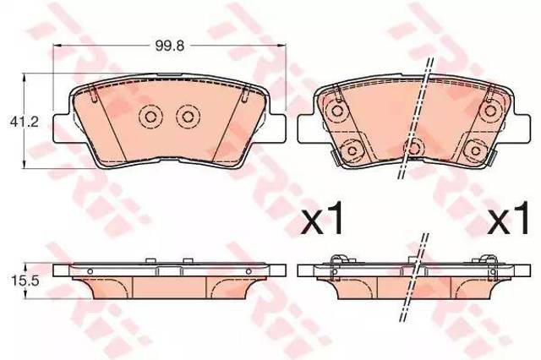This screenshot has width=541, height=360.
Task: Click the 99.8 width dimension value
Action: [170, 46]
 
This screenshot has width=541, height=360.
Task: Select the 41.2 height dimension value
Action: [25, 122]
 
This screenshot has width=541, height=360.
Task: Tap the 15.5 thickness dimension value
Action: [25, 281]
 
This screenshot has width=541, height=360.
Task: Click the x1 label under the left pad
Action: [322, 218]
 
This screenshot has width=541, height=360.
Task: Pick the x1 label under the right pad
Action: [508, 218]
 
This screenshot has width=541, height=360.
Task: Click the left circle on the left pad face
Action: [150, 117]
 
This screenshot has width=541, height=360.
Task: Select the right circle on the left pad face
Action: [188, 117]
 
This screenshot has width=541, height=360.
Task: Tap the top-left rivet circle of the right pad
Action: [336, 111]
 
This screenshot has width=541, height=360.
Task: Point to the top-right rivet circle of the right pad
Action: [490, 111]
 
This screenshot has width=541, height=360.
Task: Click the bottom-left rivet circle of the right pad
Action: [352, 150]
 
